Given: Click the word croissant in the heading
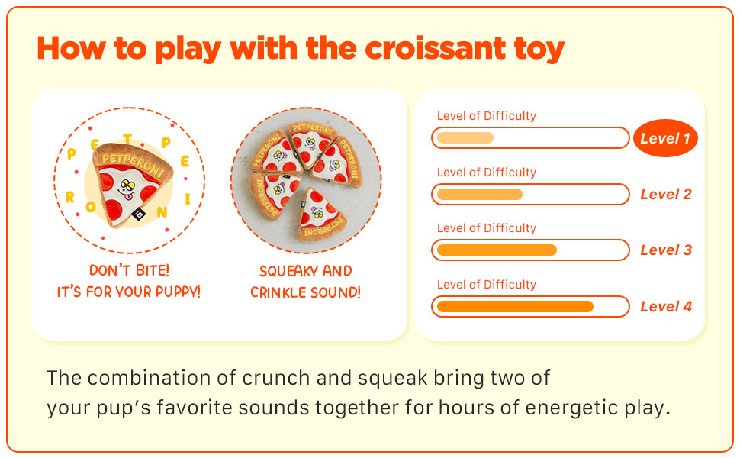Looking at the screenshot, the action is pyautogui.click(x=436, y=48).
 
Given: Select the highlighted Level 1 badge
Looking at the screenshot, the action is pyautogui.click(x=665, y=138).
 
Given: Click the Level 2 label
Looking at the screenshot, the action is pyautogui.click(x=666, y=194).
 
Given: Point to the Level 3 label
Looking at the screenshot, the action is pyautogui.click(x=666, y=250).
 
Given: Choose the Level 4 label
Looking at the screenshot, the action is pyautogui.click(x=666, y=306).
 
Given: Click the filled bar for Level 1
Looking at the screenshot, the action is pyautogui.click(x=465, y=138).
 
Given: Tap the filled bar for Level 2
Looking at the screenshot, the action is pyautogui.click(x=480, y=194).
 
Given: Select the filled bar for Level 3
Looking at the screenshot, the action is pyautogui.click(x=497, y=250).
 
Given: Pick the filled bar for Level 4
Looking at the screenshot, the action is pyautogui.click(x=516, y=306).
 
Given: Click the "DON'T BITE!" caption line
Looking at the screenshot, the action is pyautogui.click(x=129, y=270).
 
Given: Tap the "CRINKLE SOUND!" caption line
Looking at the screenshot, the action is pyautogui.click(x=305, y=292).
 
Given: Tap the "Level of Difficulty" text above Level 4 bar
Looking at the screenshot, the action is pyautogui.click(x=487, y=284).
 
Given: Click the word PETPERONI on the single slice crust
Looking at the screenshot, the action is pyautogui.click(x=133, y=163).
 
